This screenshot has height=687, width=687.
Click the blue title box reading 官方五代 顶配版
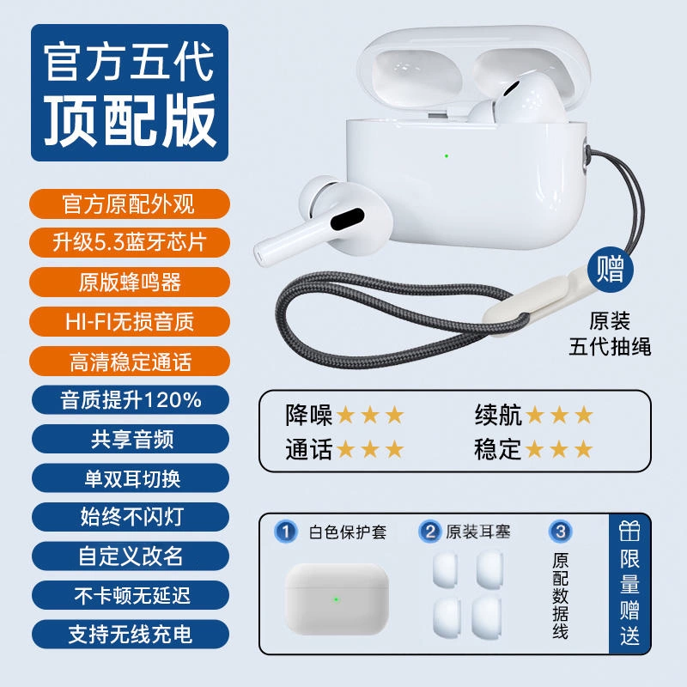[130, 93]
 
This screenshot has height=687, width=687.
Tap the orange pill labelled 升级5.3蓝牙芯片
[130, 242]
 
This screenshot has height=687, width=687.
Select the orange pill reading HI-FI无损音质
[130, 321]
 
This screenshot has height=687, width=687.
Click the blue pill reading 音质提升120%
[131, 399]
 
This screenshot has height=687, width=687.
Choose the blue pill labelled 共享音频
[131, 439]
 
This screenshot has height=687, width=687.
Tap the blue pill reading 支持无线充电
[131, 634]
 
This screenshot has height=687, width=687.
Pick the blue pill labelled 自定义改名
[131, 556]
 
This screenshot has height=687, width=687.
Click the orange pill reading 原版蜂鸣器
[130, 282]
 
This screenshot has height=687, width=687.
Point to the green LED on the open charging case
[446, 155]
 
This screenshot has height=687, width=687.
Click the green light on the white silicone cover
[336, 599]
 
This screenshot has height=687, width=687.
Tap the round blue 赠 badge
[610, 270]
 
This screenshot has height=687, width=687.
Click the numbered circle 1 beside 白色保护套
[286, 532]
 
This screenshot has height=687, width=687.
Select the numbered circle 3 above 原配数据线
[561, 532]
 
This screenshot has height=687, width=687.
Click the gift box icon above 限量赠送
[629, 531]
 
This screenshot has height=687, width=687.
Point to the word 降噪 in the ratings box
[308, 415]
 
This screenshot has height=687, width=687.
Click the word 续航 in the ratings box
[498, 415]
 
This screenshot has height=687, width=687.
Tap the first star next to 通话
[345, 449]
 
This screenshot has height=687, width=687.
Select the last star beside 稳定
[584, 449]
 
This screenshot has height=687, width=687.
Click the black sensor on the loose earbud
[348, 219]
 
